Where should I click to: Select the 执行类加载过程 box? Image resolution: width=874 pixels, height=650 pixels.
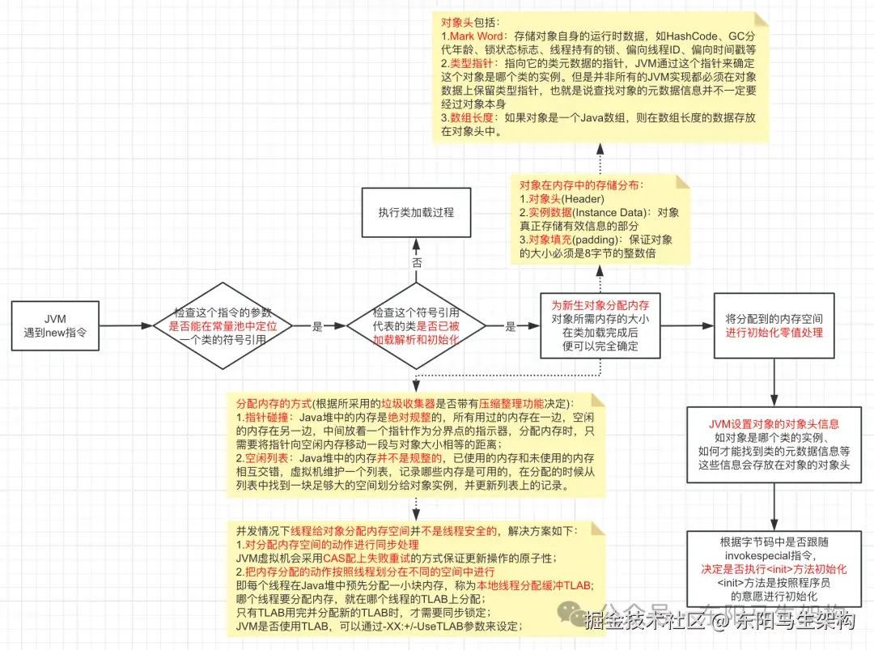(416, 212)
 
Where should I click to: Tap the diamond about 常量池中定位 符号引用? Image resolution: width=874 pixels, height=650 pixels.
(224, 325)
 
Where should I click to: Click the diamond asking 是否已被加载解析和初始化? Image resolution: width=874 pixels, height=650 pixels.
(416, 325)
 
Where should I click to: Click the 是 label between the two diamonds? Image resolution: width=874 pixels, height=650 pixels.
(317, 326)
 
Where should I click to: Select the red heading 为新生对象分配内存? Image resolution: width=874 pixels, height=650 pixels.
(600, 306)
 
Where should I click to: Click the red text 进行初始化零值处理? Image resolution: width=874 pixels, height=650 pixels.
(774, 333)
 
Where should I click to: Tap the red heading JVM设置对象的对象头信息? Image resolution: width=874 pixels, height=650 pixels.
(774, 423)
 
